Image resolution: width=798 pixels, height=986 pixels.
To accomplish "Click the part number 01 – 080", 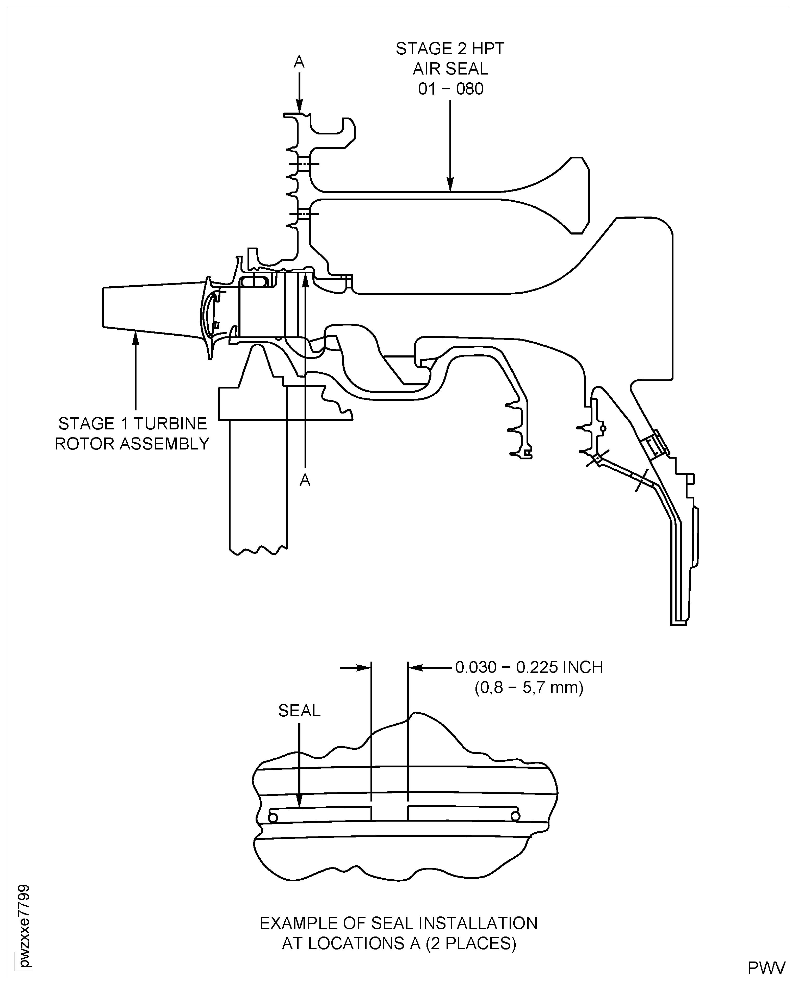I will click(x=450, y=89).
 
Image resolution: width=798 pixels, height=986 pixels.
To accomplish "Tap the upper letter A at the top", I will click(x=299, y=61).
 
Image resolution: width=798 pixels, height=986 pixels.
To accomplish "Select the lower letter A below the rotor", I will click(x=305, y=480).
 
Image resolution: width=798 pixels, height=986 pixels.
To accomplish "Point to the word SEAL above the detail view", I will click(x=299, y=711).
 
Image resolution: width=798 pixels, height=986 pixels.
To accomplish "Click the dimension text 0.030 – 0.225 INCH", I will click(x=529, y=667).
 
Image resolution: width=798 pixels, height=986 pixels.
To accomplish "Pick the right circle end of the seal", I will click(x=515, y=816).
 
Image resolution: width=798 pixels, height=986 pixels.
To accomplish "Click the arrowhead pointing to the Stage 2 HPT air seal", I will click(x=450, y=186).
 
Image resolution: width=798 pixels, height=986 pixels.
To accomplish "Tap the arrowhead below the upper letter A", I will click(x=299, y=108).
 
